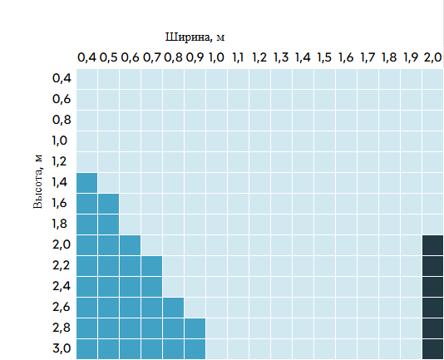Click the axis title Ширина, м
(195, 37)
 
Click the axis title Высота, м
(38, 181)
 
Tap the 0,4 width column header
(86, 57)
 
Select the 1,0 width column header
(216, 57)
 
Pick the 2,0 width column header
(432, 57)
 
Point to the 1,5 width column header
(324, 57)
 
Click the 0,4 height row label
(62, 78)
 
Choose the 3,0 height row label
(62, 348)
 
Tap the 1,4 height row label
(60, 182)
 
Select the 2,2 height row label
(62, 265)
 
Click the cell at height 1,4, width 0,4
(86, 183)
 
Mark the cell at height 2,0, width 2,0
(432, 245)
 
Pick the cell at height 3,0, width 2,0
(432, 349)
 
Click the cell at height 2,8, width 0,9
(195, 328)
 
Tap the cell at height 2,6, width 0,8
(173, 308)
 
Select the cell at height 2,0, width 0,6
(130, 245)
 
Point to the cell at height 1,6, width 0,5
(108, 204)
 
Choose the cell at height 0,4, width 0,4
(86, 79)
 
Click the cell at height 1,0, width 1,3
(281, 141)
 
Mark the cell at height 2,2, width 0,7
(151, 266)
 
